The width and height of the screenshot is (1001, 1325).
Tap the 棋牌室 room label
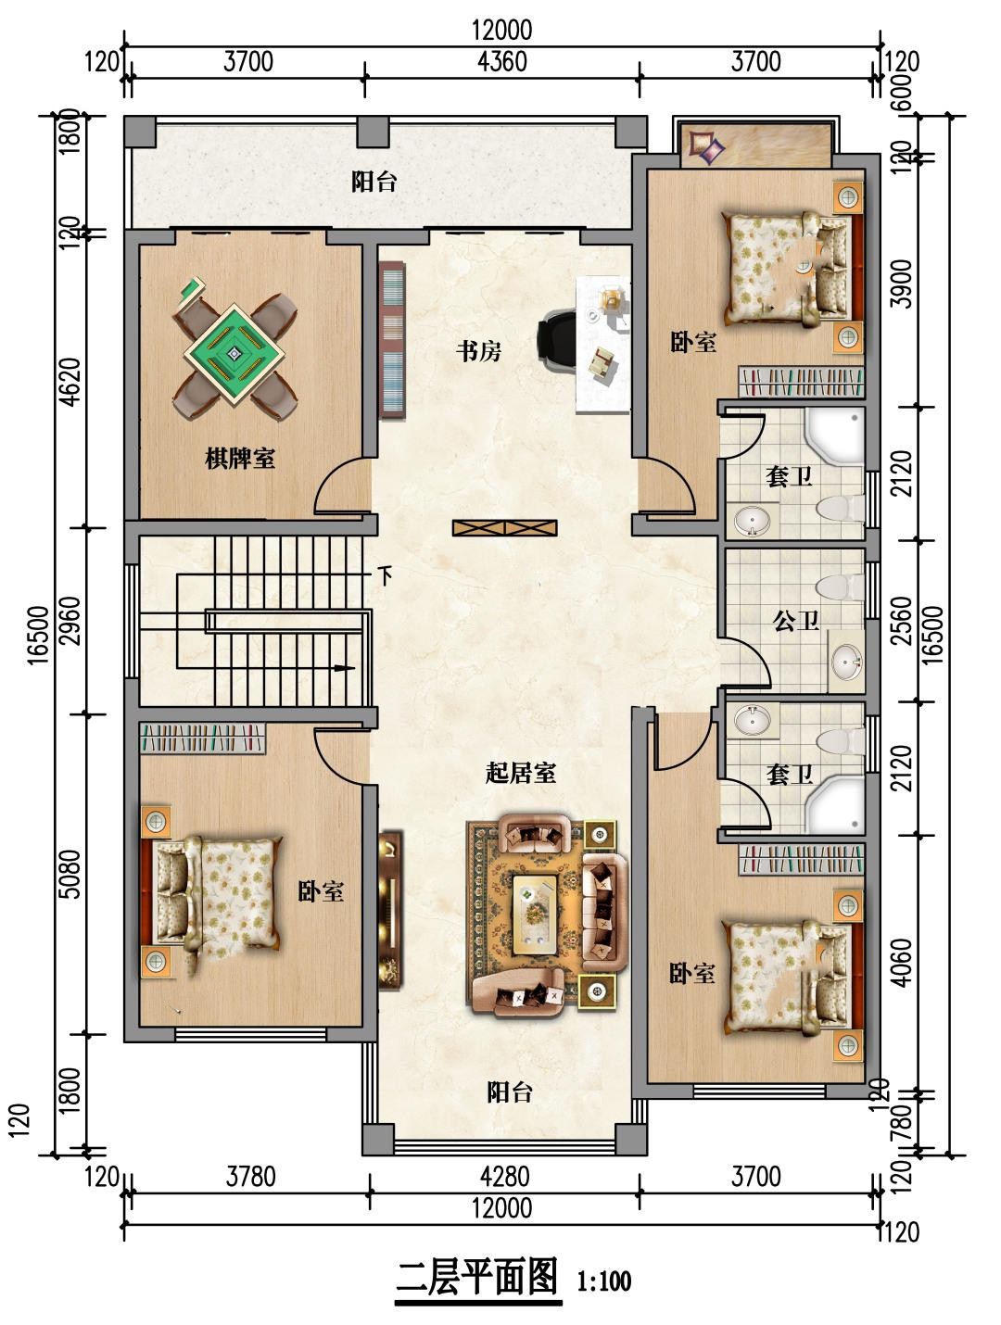tap(240, 459)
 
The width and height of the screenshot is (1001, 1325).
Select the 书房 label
tap(478, 350)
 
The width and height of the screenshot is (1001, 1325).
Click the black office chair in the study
tap(557, 338)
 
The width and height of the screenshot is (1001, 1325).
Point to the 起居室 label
tap(520, 773)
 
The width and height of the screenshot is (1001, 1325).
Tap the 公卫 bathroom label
tap(796, 621)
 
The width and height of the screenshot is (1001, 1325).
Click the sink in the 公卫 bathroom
tap(847, 662)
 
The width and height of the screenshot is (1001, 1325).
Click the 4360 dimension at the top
tap(502, 61)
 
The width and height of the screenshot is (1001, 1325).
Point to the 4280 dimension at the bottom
tap(504, 1176)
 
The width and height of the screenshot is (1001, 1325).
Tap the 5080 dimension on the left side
tap(71, 874)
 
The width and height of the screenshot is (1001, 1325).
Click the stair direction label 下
tap(385, 575)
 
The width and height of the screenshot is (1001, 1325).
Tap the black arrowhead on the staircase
tap(345, 668)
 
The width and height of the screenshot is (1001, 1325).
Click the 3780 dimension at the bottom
tap(250, 1176)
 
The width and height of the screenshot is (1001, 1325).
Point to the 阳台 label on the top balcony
tap(374, 181)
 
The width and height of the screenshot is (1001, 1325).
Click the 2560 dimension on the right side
tap(903, 621)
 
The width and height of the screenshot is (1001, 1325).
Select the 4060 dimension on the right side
tap(903, 962)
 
